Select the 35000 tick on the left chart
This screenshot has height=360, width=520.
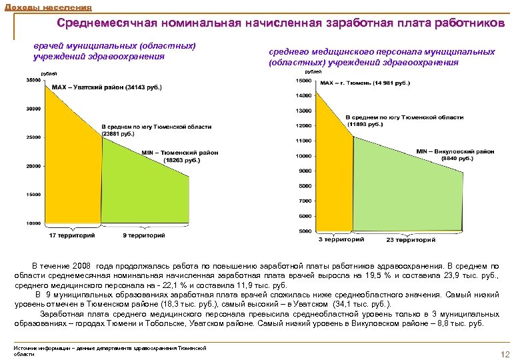click(x=33, y=80)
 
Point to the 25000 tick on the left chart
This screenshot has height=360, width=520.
click(x=33, y=137)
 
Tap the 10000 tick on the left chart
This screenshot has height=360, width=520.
click(x=33, y=223)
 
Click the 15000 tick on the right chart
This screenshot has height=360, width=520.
click(x=304, y=80)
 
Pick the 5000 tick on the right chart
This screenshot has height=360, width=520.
click(x=306, y=231)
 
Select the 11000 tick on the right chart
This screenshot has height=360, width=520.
click(x=304, y=141)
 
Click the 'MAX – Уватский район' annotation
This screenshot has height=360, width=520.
click(x=107, y=87)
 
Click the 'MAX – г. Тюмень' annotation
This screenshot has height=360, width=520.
click(x=365, y=83)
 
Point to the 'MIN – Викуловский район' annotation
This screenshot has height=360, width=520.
click(x=455, y=155)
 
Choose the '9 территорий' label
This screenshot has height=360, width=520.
click(x=143, y=235)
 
